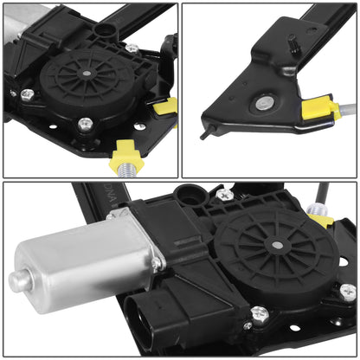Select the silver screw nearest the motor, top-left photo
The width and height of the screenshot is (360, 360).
[x=27, y=93]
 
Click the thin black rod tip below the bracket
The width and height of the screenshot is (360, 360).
[x=204, y=134]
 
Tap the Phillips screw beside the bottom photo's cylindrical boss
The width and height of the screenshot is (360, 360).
[x=226, y=196]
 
